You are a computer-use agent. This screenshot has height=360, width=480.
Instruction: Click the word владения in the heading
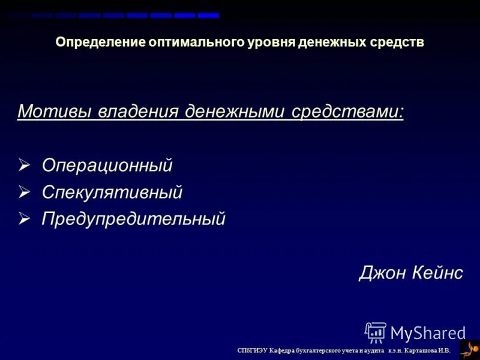pos(134,112)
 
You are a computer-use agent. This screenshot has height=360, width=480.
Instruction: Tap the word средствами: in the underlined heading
pos(349,112)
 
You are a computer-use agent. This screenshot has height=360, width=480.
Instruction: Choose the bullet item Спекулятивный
pos(112,193)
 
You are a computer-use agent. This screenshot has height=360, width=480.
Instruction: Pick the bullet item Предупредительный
pos(133,219)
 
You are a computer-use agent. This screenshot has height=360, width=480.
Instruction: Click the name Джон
pos(382,273)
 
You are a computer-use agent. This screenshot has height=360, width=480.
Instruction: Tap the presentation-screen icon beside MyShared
pos(376,332)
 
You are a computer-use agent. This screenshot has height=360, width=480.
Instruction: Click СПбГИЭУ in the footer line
pos(252,350)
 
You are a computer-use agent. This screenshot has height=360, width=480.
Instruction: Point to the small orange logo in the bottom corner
pos(469,349)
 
